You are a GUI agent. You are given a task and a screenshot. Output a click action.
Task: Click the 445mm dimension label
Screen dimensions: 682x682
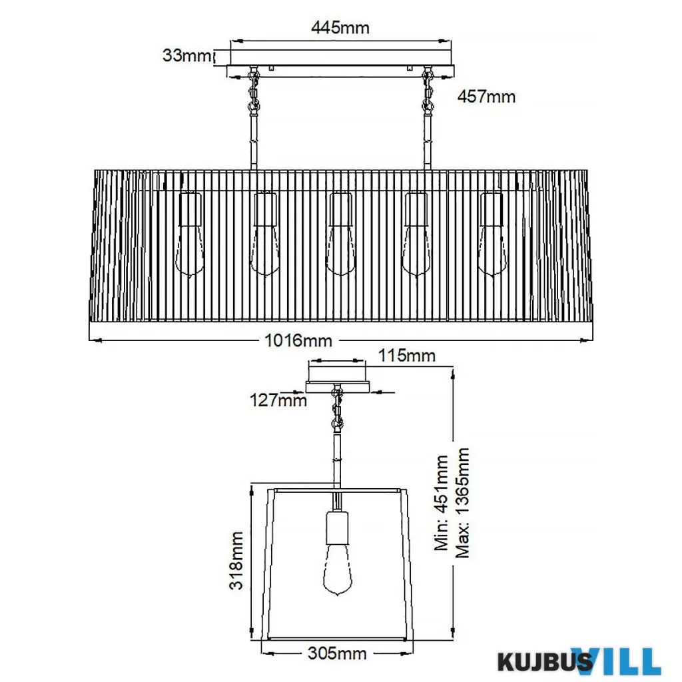tap(340, 27)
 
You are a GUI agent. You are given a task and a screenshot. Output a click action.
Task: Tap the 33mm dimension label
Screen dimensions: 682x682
tap(186, 55)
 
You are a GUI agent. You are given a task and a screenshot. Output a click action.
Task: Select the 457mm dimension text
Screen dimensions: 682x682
tap(486, 96)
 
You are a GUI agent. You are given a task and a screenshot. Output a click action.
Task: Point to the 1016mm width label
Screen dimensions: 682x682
tap(298, 340)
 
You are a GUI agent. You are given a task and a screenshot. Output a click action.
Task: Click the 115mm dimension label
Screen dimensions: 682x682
tap(406, 356)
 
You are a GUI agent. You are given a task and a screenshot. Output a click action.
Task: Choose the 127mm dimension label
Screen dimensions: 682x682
tap(278, 400)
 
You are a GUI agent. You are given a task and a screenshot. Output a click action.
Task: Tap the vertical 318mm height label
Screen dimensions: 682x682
tap(236, 560)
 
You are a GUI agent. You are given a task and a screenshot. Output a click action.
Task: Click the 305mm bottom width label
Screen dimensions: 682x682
tap(337, 653)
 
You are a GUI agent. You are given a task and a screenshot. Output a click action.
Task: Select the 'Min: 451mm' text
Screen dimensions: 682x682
tap(441, 503)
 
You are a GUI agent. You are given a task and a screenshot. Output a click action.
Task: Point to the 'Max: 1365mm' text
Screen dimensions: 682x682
tap(462, 503)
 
